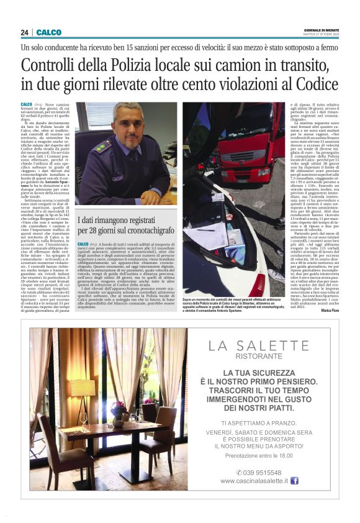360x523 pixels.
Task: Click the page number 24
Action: (24, 32)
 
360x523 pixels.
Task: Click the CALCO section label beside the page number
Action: (48, 32)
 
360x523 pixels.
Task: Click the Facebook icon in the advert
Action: (295, 480)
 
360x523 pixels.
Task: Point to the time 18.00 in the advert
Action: (284, 455)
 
